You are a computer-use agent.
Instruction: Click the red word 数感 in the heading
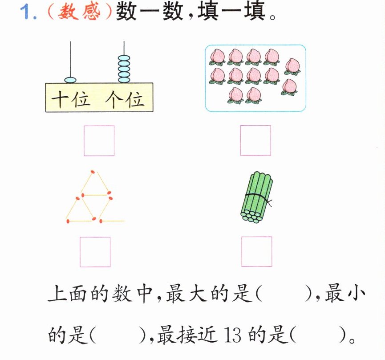pyautogui.click(x=79, y=12)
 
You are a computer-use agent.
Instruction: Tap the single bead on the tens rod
pyautogui.click(x=70, y=80)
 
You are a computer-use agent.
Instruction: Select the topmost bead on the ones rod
pyautogui.click(x=124, y=58)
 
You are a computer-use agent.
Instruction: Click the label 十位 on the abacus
pyautogui.click(x=71, y=99)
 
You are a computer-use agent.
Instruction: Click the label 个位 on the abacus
pyautogui.click(x=125, y=99)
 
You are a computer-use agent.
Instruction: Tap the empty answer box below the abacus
pyautogui.click(x=99, y=140)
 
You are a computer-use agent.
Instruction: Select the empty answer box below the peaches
pyautogui.click(x=255, y=140)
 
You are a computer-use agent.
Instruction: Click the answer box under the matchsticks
pyautogui.click(x=95, y=252)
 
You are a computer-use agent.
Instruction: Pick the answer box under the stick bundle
pyautogui.click(x=256, y=252)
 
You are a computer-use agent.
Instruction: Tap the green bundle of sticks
pyautogui.click(x=256, y=197)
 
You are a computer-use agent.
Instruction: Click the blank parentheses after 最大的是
pyautogui.click(x=284, y=294)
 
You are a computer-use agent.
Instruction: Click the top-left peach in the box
pyautogui.click(x=217, y=57)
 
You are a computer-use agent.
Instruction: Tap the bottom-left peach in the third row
pyautogui.click(x=235, y=95)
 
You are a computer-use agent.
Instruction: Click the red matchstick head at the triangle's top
pyautogui.click(x=93, y=172)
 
